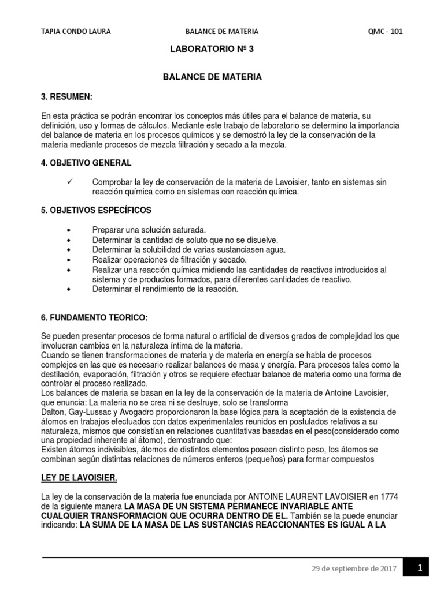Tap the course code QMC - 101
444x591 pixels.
click(385, 32)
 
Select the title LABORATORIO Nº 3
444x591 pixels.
click(211, 50)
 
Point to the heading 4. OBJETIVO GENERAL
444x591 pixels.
click(87, 163)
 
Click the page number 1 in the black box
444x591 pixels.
click(420, 568)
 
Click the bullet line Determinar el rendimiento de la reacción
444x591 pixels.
click(165, 289)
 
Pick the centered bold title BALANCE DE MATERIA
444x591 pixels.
click(212, 76)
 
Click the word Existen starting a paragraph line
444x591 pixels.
click(55, 450)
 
